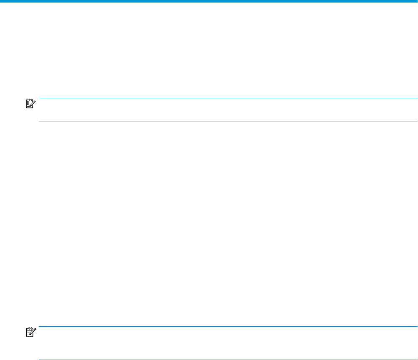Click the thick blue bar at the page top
(209, 2)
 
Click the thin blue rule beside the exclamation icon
(228, 98)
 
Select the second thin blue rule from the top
(228, 121)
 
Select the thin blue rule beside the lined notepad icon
(228, 326)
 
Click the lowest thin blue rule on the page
(228, 360)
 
